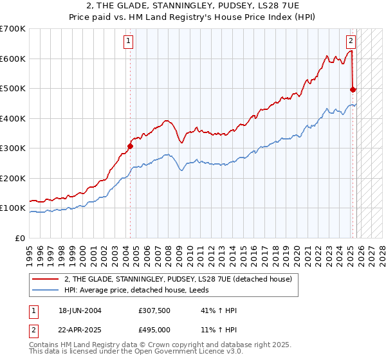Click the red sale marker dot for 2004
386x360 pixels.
(x=130, y=146)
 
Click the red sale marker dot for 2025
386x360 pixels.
(x=353, y=89)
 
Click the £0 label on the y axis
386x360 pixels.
(x=21, y=239)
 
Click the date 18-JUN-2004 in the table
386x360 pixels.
(x=80, y=310)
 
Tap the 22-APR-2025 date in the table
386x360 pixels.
(x=80, y=329)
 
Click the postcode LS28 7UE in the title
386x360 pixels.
(x=256, y=5)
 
